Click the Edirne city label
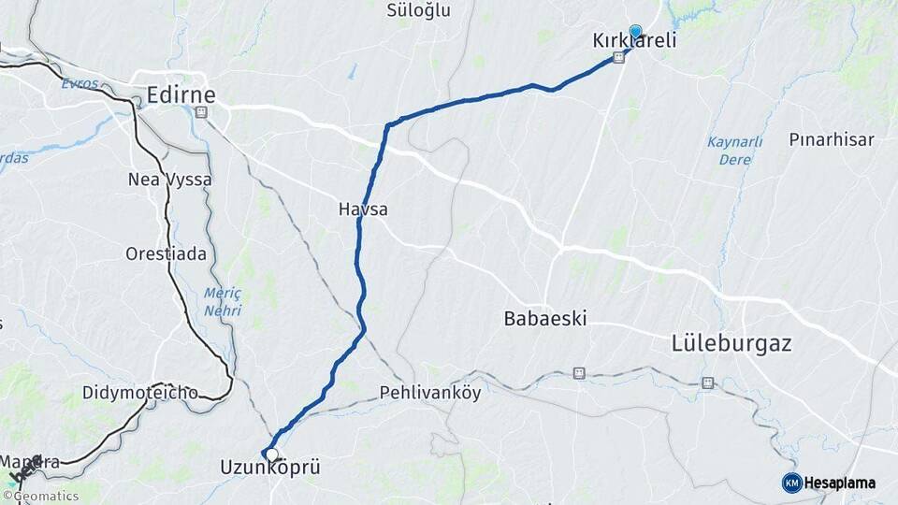[181, 94]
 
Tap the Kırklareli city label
[634, 42]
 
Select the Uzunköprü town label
[269, 467]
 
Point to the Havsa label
[363, 209]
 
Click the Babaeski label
[545, 318]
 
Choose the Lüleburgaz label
[731, 343]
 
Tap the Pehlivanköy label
[430, 393]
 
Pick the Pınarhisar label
[832, 139]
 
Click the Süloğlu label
[418, 10]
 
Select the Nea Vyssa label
[170, 180]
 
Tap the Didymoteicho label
[140, 392]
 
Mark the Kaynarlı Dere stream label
[734, 150]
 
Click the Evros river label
[80, 83]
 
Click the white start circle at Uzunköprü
[271, 454]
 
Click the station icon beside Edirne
[201, 113]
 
